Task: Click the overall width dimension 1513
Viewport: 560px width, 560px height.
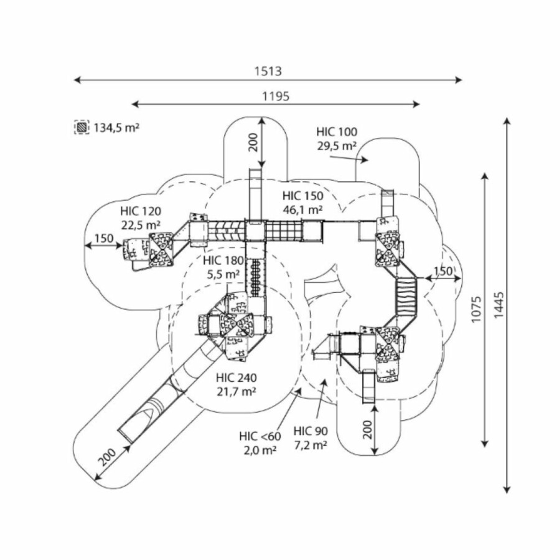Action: coord(268,72)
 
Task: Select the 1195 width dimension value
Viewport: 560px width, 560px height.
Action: coord(276,96)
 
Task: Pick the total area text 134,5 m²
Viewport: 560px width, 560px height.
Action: coord(116,128)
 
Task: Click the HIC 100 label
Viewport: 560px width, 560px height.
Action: coord(337,132)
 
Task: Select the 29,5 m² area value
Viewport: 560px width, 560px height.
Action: coord(337,146)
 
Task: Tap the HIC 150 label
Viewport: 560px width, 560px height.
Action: coord(302,195)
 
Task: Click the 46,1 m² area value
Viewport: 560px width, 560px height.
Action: coord(302,210)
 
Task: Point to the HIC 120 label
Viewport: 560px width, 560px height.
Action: coord(141,211)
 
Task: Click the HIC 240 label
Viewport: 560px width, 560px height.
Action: coord(236,377)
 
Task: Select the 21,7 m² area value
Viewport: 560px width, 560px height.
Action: coord(236,391)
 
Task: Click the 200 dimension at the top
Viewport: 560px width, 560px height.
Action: coord(252,143)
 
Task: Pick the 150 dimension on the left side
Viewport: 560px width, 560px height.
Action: coord(104,238)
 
